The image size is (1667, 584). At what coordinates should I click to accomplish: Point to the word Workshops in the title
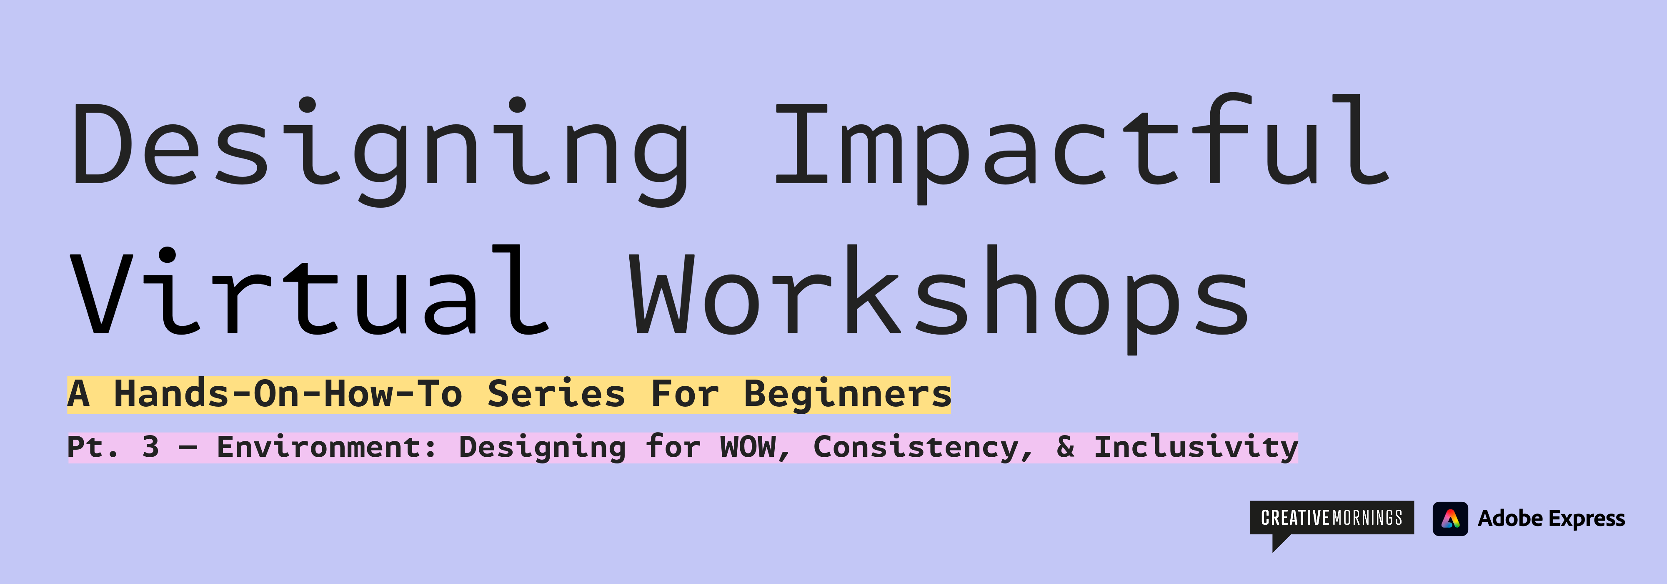939,295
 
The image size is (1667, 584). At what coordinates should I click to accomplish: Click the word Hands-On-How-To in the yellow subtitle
288,394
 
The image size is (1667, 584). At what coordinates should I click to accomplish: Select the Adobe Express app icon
1450,519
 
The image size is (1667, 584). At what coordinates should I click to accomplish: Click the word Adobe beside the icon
1510,519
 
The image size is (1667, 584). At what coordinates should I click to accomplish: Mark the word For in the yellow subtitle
685,394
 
